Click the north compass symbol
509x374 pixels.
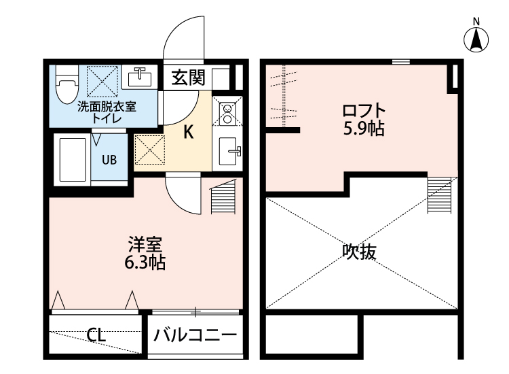pos(476,39)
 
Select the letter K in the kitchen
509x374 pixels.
pos(189,132)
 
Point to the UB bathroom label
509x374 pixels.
pos(109,160)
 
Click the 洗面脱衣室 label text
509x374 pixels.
pos(107,106)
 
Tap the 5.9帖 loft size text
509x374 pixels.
pos(363,127)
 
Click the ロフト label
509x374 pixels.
pos(364,109)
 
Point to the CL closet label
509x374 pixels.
pos(96,335)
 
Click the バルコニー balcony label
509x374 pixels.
pos(195,335)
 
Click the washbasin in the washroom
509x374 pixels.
pos(141,76)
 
